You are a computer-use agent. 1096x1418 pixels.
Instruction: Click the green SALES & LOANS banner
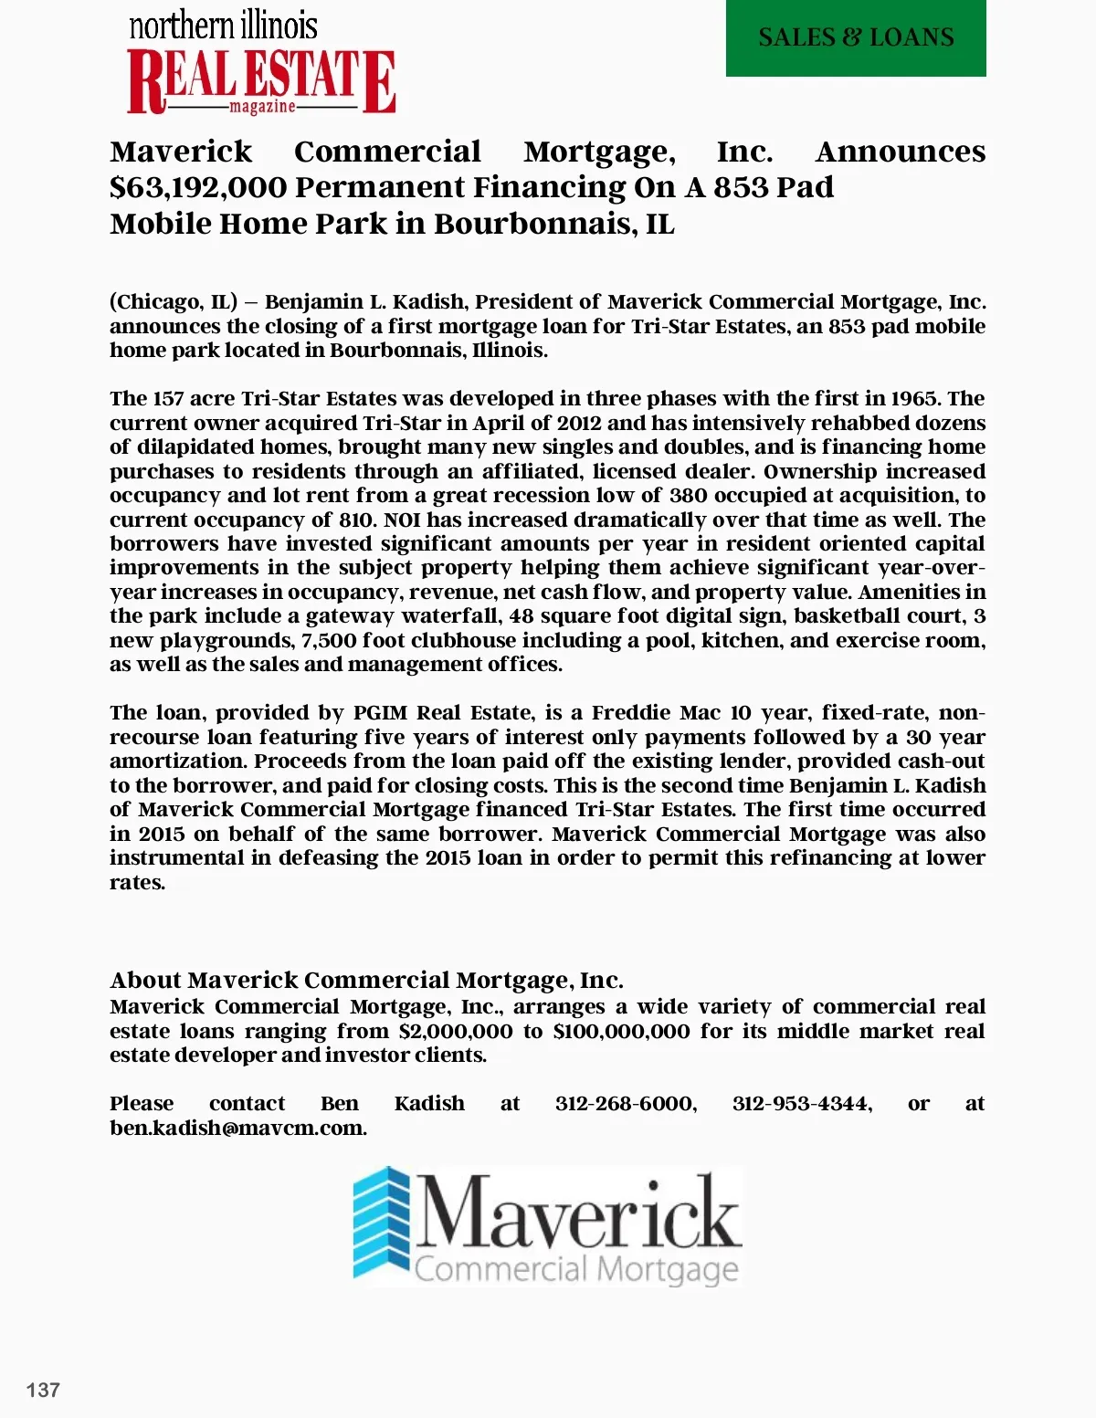856,38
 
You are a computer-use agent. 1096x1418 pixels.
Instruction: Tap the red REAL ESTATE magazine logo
261,83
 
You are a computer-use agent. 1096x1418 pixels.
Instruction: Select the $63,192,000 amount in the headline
196,187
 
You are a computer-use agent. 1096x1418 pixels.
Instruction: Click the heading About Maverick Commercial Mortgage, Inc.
366,981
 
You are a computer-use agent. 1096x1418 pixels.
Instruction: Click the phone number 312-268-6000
626,1104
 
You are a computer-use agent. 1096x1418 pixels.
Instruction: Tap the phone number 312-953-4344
802,1104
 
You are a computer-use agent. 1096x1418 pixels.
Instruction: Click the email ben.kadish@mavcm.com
237,1129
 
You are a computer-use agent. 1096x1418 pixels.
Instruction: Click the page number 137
43,1391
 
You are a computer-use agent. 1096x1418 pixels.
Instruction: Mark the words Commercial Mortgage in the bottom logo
576,1270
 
